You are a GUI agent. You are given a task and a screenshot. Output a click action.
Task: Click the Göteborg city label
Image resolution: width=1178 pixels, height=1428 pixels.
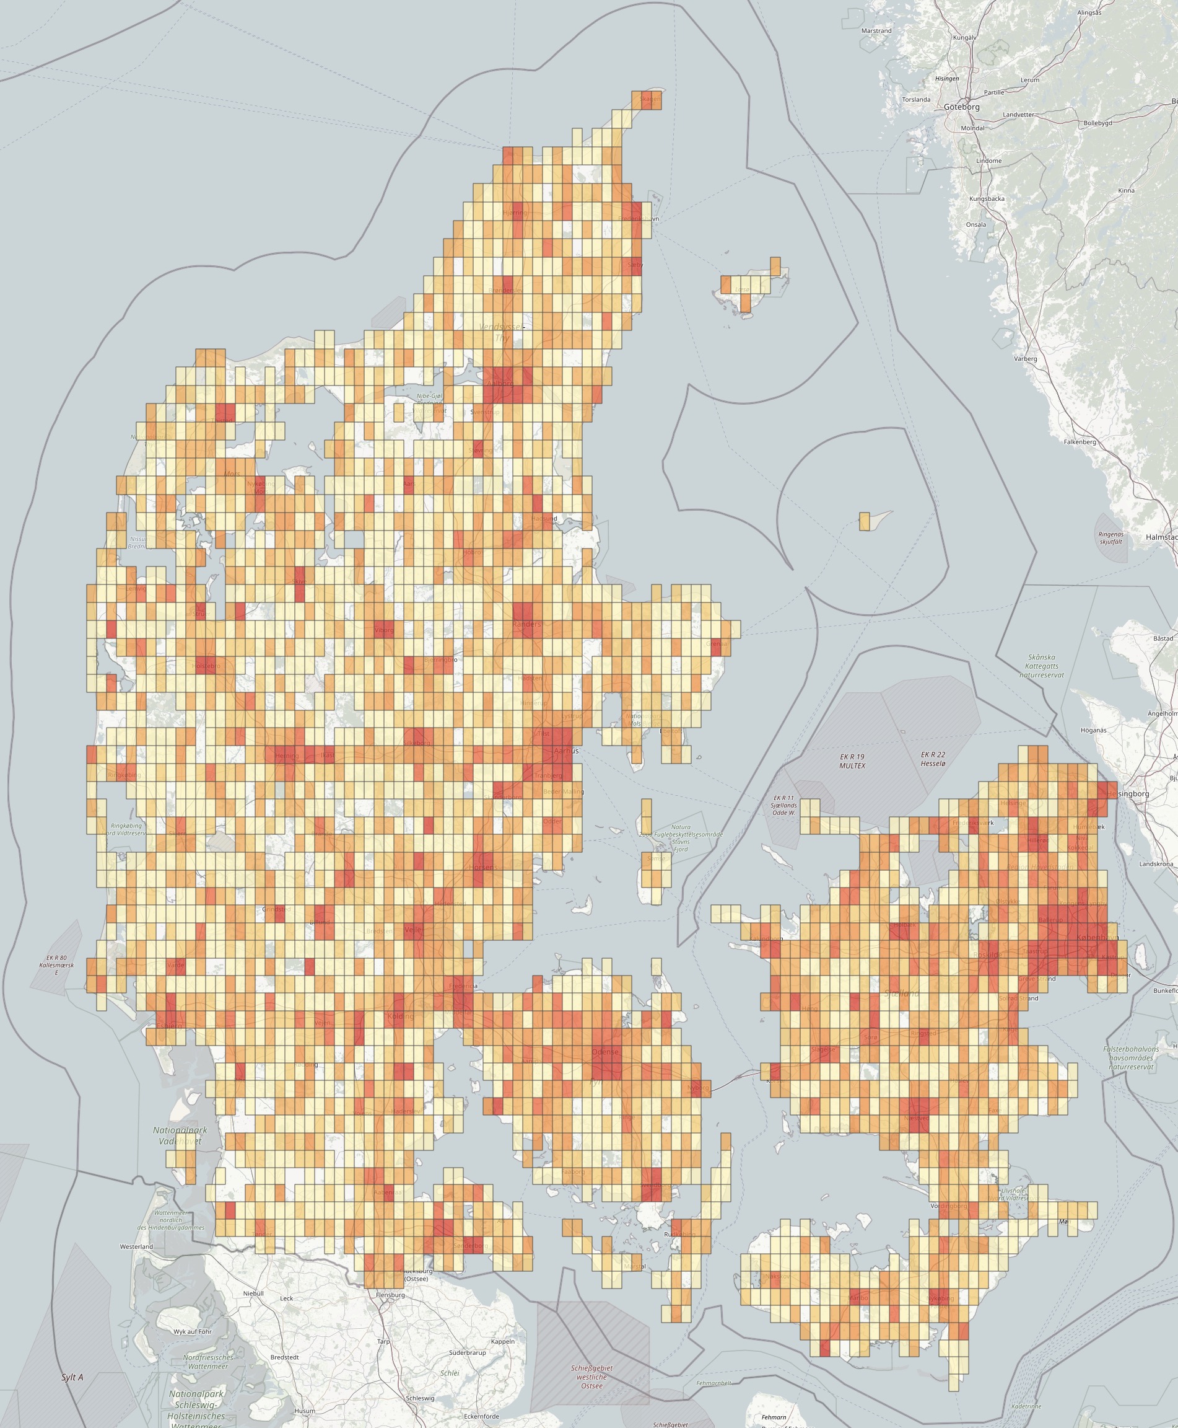(x=961, y=107)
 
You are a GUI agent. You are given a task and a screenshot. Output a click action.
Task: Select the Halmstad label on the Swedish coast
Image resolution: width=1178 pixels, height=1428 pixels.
(x=1161, y=537)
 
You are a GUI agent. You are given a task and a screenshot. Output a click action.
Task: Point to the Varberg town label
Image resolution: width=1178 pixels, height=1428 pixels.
(x=1025, y=358)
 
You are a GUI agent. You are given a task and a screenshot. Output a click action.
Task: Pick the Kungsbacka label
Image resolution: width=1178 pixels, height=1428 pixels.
(x=987, y=199)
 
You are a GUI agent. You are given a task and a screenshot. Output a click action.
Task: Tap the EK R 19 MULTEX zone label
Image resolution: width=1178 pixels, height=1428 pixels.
(x=852, y=760)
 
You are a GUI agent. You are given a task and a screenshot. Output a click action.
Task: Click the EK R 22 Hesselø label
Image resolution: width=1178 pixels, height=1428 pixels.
(x=933, y=759)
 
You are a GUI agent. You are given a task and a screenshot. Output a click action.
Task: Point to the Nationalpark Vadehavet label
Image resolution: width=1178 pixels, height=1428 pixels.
(x=180, y=1135)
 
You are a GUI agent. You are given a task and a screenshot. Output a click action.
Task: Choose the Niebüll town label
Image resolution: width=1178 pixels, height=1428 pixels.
(x=253, y=1294)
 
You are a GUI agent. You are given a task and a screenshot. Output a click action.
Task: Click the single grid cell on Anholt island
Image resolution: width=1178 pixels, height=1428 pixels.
(x=864, y=521)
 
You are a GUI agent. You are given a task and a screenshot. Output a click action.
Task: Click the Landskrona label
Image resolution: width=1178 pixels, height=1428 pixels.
(x=1156, y=864)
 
